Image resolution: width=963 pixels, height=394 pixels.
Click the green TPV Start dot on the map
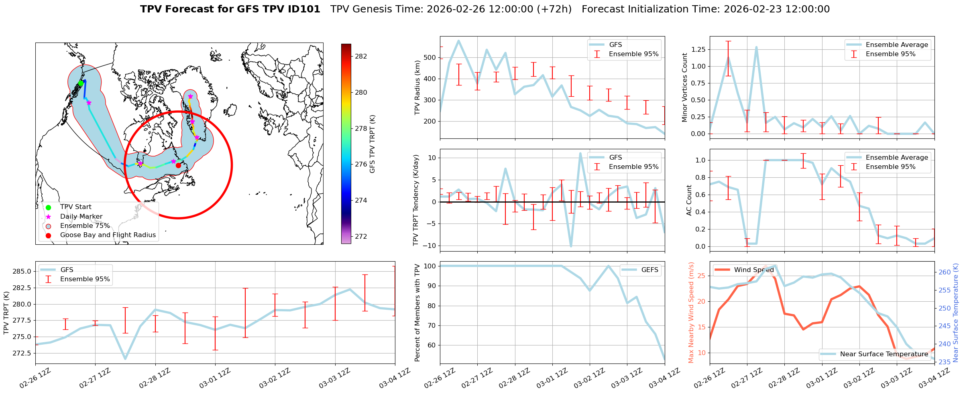(81, 83)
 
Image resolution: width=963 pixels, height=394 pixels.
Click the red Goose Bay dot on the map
(178, 165)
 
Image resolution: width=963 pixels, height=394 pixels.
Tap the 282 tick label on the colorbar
(361, 56)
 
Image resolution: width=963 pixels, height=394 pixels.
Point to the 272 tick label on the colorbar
(361, 236)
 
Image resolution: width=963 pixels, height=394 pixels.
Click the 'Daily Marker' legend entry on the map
(81, 216)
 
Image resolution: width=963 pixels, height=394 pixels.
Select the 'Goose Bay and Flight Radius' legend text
(108, 235)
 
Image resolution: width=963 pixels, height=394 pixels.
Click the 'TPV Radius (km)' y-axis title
(417, 87)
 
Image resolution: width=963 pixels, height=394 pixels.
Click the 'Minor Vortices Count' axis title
(685, 87)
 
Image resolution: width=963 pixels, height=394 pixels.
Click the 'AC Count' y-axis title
(689, 200)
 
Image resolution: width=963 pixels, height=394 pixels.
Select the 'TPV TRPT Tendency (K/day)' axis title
(416, 200)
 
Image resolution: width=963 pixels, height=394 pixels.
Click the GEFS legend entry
(649, 270)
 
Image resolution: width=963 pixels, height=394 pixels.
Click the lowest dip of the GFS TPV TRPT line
(125, 359)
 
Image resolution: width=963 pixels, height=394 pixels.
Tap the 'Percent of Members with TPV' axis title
(417, 313)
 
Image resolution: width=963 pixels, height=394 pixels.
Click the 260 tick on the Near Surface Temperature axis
(945, 272)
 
